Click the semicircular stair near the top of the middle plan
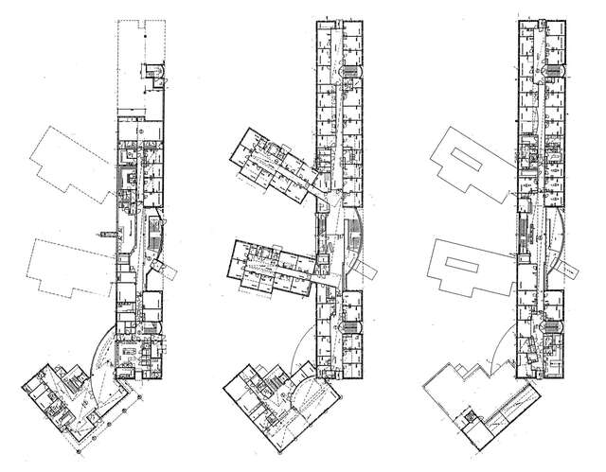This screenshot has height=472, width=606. pos(352,71)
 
